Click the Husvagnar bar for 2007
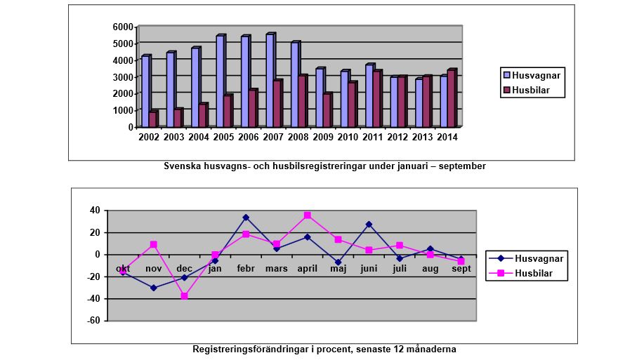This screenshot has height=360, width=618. tap(269, 81)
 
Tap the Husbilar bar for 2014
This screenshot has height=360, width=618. tap(451, 98)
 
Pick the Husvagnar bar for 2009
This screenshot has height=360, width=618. tap(318, 98)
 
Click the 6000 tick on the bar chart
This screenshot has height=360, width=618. tap(123, 27)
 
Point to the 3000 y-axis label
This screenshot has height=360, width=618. tap(123, 77)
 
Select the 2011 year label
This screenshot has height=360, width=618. tap(374, 138)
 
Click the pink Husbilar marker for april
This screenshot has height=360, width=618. tap(308, 215)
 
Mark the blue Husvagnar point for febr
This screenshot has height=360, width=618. tap(246, 218)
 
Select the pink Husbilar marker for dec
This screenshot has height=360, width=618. tap(184, 296)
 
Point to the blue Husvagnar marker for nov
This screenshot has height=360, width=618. tap(153, 288)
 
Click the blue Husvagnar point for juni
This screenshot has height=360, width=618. tap(369, 225)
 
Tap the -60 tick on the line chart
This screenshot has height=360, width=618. tap(91, 321)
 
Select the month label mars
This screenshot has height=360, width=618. tap(277, 269)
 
